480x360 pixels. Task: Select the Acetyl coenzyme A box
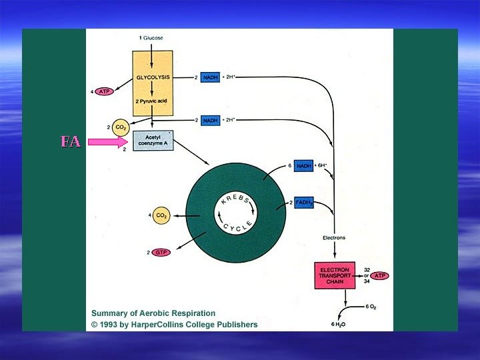tap(153, 140)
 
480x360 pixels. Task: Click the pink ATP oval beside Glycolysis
tap(105, 91)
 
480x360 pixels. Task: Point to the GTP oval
tap(161, 252)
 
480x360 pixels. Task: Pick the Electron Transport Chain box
tap(334, 275)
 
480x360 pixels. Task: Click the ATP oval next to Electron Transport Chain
tap(380, 275)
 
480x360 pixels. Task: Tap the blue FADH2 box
tap(303, 203)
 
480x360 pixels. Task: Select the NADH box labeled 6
tap(303, 165)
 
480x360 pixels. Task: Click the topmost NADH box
tap(210, 77)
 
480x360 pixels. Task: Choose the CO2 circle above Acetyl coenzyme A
tap(121, 126)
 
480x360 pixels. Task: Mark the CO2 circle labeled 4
tap(161, 215)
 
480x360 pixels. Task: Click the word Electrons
tap(333, 237)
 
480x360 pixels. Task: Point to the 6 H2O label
tap(339, 324)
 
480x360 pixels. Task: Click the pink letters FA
tap(70, 141)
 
